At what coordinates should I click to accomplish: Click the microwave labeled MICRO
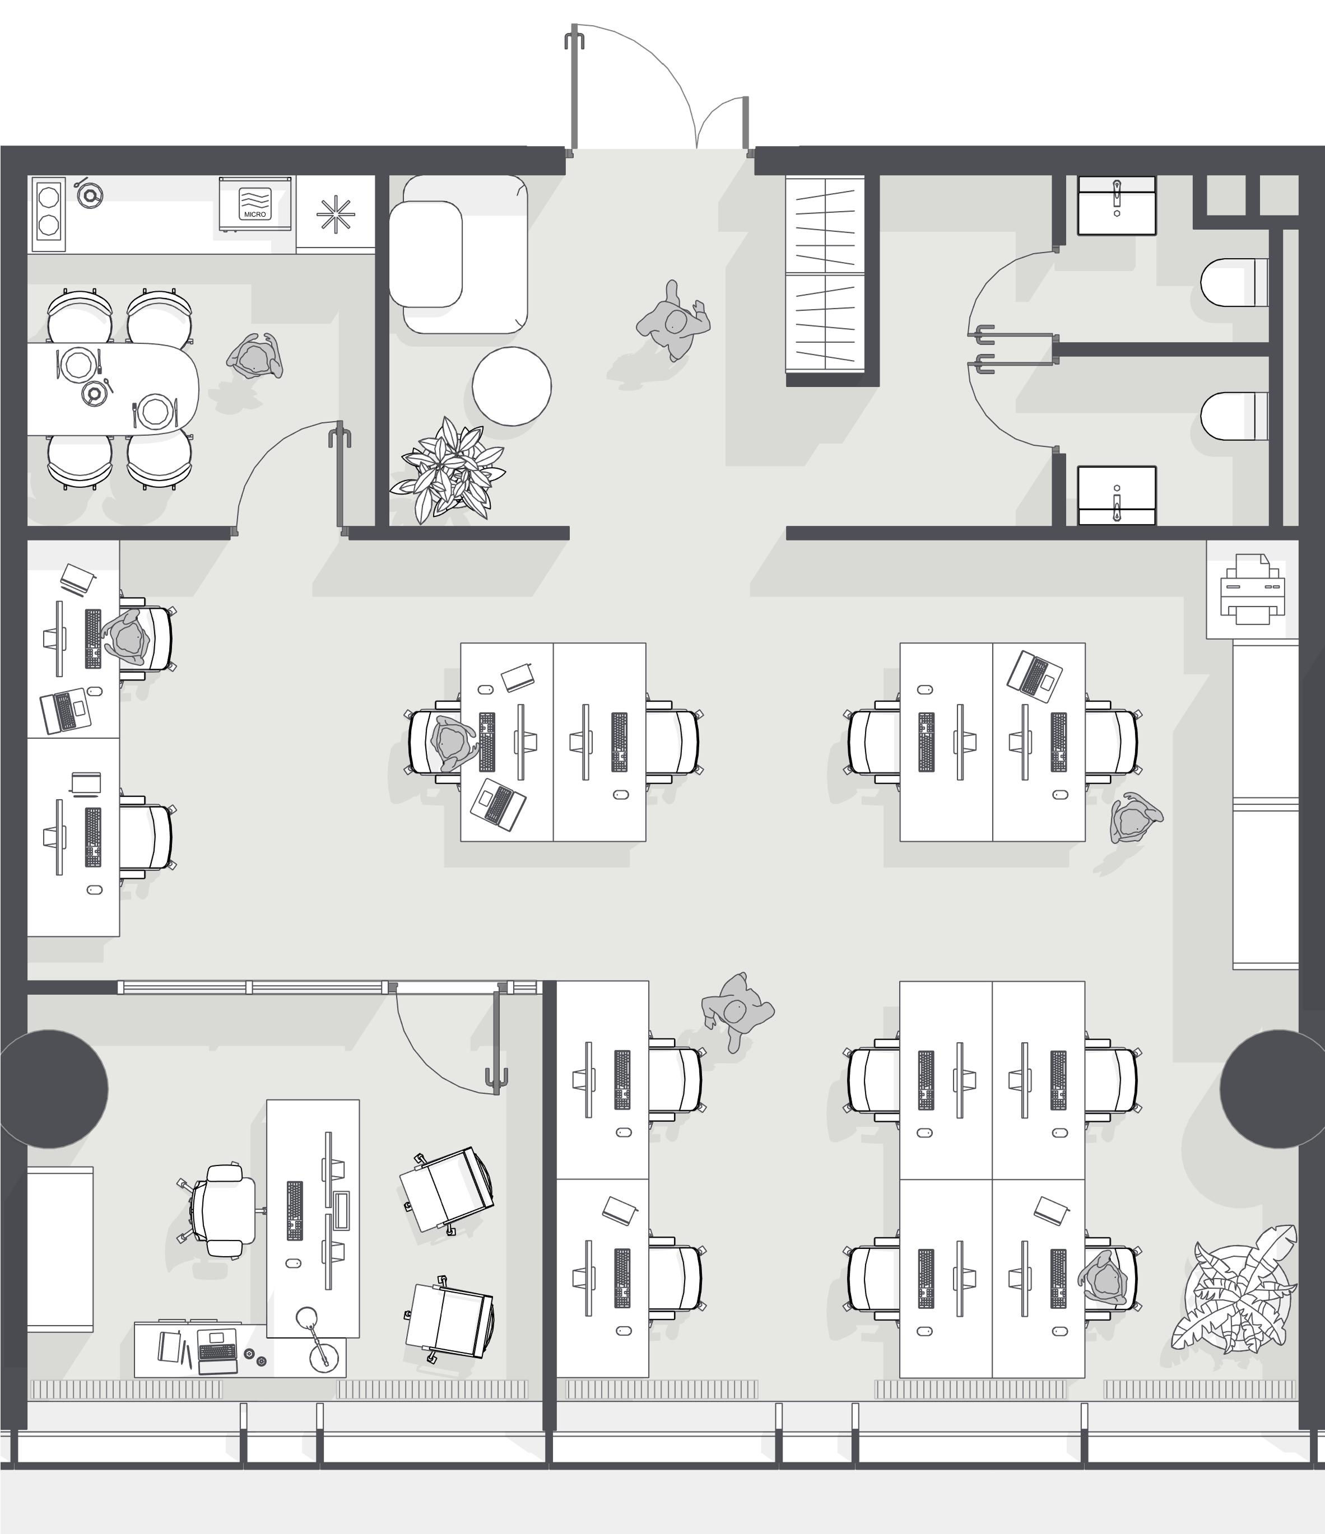[255, 204]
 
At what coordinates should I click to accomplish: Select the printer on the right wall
[1252, 589]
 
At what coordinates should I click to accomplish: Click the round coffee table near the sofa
[512, 386]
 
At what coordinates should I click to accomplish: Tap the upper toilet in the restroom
[1234, 283]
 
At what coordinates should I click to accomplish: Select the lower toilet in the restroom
[1234, 416]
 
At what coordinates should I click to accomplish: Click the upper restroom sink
[1116, 206]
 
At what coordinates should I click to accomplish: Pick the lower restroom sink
[1116, 495]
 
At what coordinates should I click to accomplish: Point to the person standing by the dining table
[255, 356]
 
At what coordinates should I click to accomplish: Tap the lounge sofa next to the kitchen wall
[458, 254]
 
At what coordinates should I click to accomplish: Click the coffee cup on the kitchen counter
[90, 195]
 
